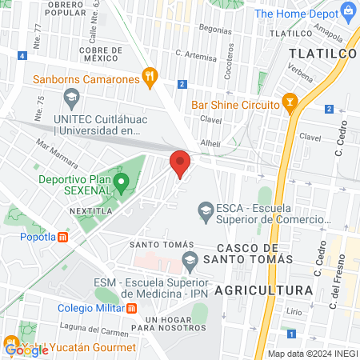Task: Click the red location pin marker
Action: [180, 163]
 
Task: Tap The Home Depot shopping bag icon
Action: [348, 13]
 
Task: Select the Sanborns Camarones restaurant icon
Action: [148, 78]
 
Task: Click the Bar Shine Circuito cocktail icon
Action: [290, 103]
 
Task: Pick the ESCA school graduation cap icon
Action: [206, 210]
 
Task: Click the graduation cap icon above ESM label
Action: [190, 258]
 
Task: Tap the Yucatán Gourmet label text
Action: [94, 348]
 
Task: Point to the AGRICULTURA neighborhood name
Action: [263, 289]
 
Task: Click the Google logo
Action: [26, 349]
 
